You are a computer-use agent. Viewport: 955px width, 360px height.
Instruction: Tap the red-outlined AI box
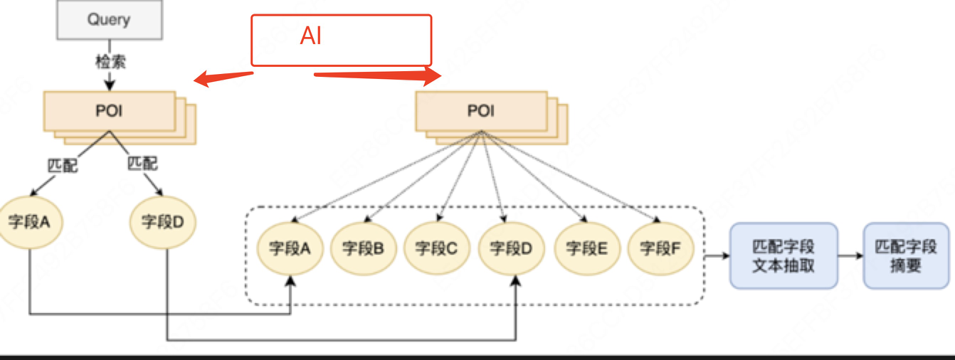[x=341, y=40]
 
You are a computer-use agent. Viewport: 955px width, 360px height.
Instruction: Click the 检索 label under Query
[x=110, y=62]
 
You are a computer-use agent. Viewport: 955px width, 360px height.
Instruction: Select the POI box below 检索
[x=110, y=111]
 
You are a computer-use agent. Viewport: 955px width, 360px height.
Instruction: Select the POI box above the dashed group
[x=481, y=111]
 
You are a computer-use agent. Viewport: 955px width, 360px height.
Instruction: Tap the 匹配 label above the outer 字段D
[x=142, y=163]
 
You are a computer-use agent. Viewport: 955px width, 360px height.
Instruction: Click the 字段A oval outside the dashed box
[x=29, y=222]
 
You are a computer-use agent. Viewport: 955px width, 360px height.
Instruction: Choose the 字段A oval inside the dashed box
[x=290, y=248]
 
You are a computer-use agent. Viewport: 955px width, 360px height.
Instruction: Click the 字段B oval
[x=364, y=248]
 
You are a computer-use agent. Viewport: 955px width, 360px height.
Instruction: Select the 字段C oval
[x=436, y=248]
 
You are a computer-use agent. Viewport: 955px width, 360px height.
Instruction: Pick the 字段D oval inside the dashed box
[x=512, y=248]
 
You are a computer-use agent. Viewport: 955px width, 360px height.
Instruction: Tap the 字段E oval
[x=586, y=248]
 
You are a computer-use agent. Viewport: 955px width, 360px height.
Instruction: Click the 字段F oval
[x=660, y=248]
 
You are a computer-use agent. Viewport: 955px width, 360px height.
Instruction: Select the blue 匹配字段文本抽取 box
[x=783, y=256]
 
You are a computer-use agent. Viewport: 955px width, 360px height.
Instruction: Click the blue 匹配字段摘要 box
[x=905, y=256]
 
